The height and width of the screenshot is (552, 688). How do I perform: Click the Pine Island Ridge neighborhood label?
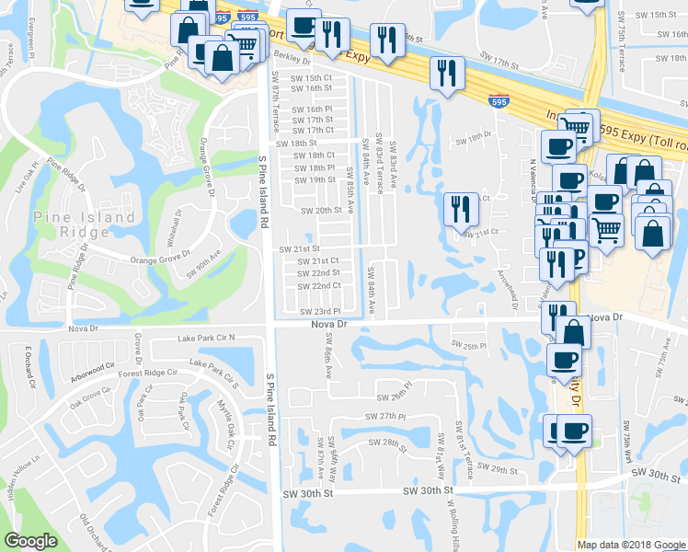coord(85,225)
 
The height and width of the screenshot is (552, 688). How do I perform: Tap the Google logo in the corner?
coord(30,541)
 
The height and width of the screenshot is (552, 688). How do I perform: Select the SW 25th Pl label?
coord(469,345)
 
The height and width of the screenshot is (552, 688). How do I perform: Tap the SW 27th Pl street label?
coord(386,417)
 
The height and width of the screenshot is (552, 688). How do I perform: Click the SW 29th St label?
coord(506,469)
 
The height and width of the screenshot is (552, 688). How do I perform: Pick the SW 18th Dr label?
coord(475,138)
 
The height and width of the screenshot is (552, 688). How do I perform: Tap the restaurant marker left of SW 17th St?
coord(447,75)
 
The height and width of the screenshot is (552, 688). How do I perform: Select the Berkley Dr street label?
coord(297,54)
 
